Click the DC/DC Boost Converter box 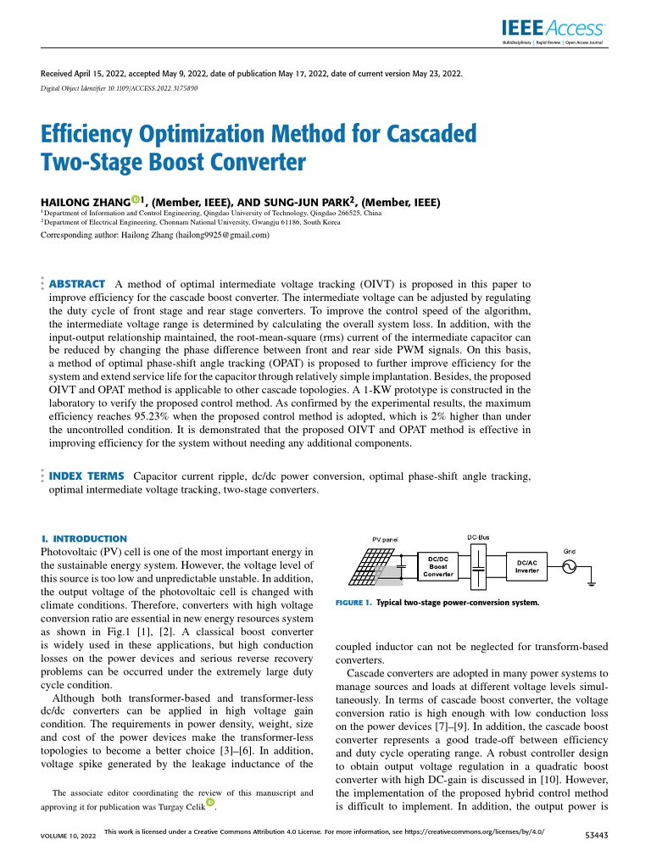pyautogui.click(x=438, y=566)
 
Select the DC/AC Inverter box pyautogui.click(x=526, y=566)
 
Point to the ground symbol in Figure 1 pyautogui.click(x=591, y=583)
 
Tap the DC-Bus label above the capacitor pyautogui.click(x=479, y=537)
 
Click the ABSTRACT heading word pyautogui.click(x=78, y=283)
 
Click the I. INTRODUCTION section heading pyautogui.click(x=84, y=538)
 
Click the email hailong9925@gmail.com pyautogui.click(x=221, y=236)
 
